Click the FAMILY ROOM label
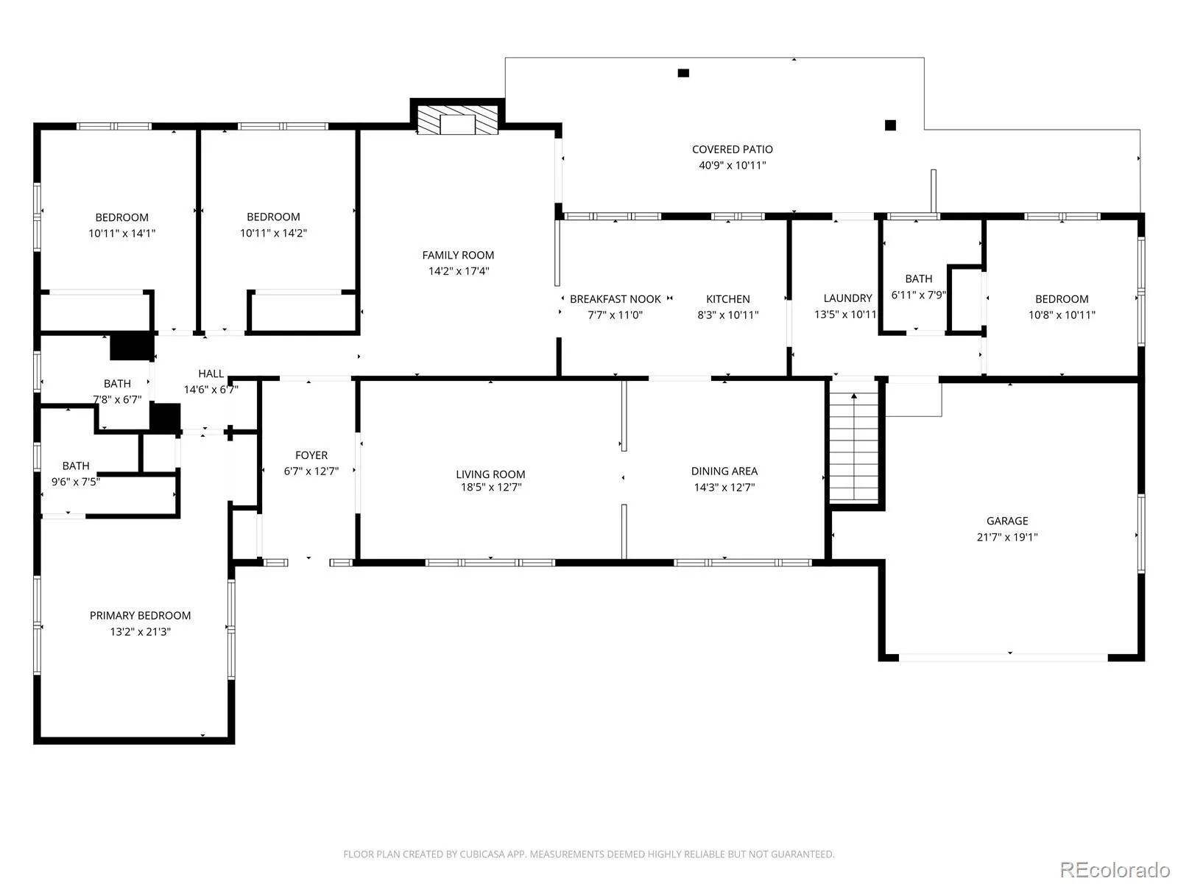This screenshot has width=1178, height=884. pos(458,255)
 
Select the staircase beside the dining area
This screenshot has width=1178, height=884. pos(854,447)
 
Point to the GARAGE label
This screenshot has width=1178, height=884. pos(1006,521)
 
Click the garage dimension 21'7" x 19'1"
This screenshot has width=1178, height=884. pos(1006,537)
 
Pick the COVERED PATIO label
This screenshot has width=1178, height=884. pos(732,150)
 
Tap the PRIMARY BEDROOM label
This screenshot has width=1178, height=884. pos(140,616)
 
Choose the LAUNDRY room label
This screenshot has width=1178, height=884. pos(847,298)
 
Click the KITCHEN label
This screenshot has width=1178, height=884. pos(727,299)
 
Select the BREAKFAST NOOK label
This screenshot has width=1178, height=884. pos(615,299)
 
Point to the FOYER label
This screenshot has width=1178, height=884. pos(311,455)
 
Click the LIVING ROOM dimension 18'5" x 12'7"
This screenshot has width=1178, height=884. pos(491,488)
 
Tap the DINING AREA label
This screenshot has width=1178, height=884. pos(724,471)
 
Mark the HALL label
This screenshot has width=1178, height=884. pos(211,373)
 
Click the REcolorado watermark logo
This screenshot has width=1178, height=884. pos(1115,869)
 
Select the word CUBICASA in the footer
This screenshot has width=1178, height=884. pos(482,854)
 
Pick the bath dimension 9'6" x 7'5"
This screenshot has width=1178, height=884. pos(76,482)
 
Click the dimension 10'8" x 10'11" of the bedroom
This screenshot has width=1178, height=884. pos(1062,315)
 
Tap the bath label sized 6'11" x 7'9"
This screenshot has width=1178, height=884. pos(918,278)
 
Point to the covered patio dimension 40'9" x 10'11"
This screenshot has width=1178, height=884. pos(732,165)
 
